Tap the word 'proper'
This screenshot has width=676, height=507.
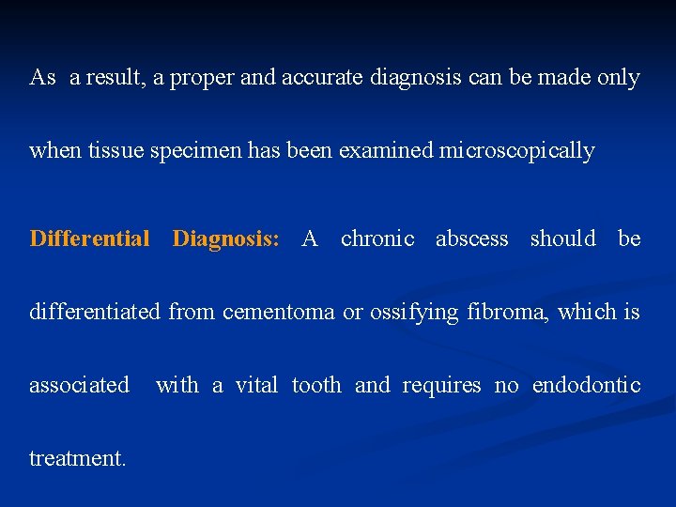195,78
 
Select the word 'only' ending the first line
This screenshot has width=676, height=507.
619,78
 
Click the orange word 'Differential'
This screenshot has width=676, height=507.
90,238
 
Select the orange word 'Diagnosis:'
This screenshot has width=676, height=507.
226,238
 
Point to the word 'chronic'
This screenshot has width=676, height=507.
377,238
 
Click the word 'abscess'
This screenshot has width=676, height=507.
472,238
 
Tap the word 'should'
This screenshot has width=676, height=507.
563,238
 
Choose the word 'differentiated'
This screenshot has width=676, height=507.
96,312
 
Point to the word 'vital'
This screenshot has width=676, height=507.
256,385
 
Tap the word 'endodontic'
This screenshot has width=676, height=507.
587,385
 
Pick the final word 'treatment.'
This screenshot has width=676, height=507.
77,458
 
